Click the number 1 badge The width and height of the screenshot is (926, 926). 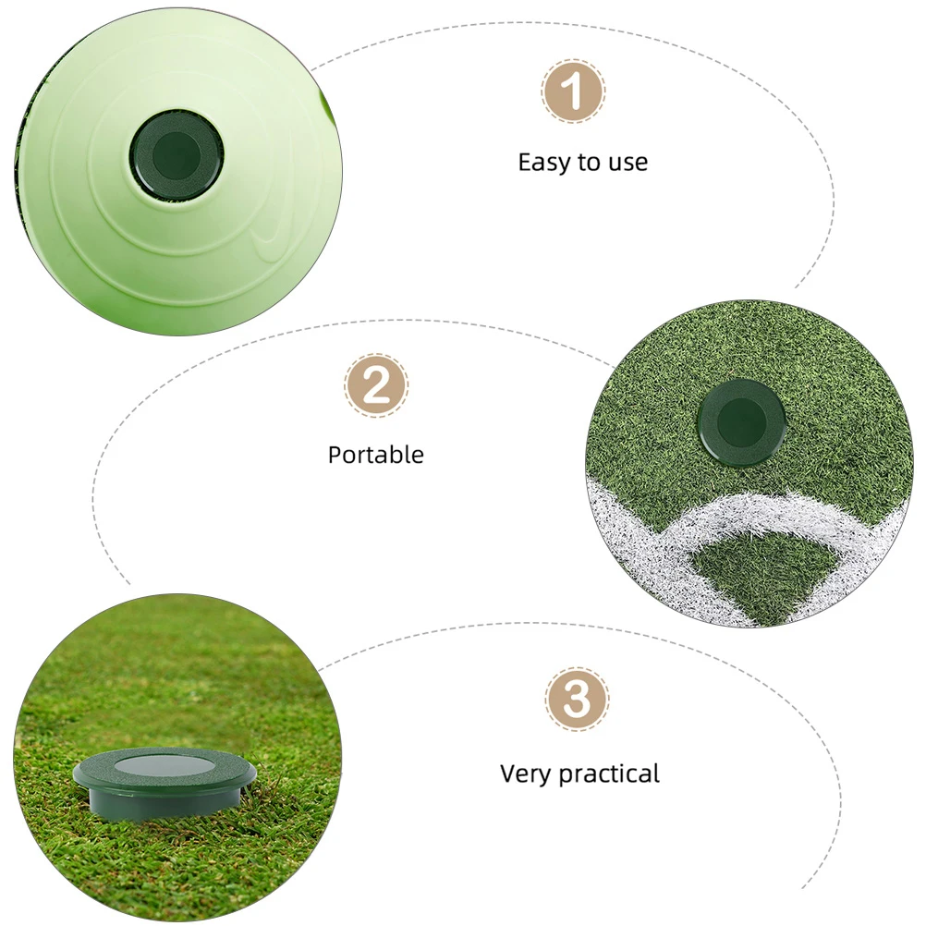click(x=573, y=91)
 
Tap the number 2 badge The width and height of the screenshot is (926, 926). click(x=376, y=385)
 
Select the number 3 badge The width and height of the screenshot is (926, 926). click(x=577, y=700)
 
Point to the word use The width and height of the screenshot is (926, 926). click(x=627, y=164)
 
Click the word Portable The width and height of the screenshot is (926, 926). click(x=376, y=455)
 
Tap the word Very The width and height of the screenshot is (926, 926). click(x=525, y=773)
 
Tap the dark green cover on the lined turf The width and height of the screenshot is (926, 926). click(x=741, y=421)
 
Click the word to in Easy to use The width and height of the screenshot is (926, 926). click(x=589, y=164)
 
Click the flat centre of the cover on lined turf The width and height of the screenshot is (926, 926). click(x=741, y=420)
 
